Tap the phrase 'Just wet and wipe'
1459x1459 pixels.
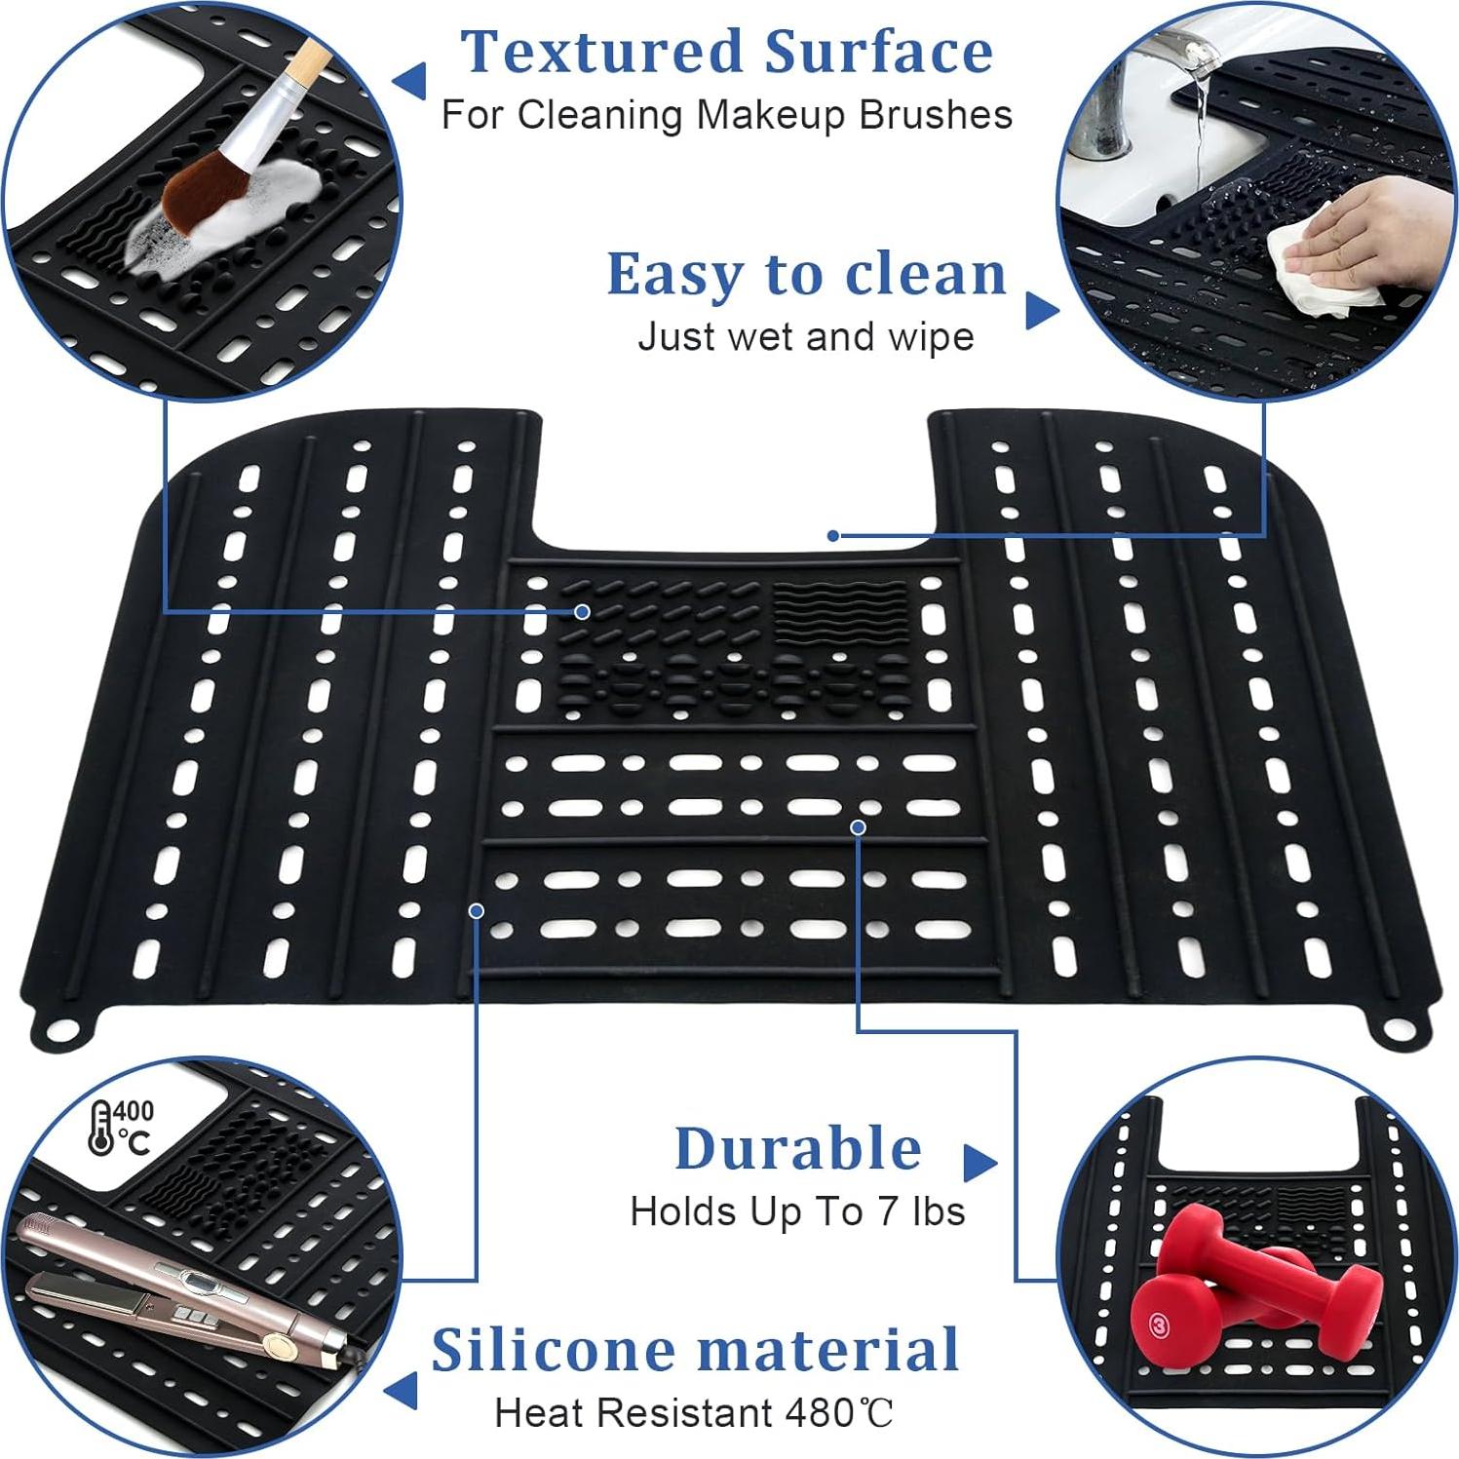pyautogui.click(x=805, y=337)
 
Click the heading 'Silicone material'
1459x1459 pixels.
pyautogui.click(x=696, y=1350)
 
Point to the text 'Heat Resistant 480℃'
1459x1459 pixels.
pyautogui.click(x=694, y=1412)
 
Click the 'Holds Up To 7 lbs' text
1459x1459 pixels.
pyautogui.click(x=797, y=1211)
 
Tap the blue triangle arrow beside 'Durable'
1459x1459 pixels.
pyautogui.click(x=979, y=1161)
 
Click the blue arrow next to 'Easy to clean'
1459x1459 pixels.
pyautogui.click(x=1042, y=311)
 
